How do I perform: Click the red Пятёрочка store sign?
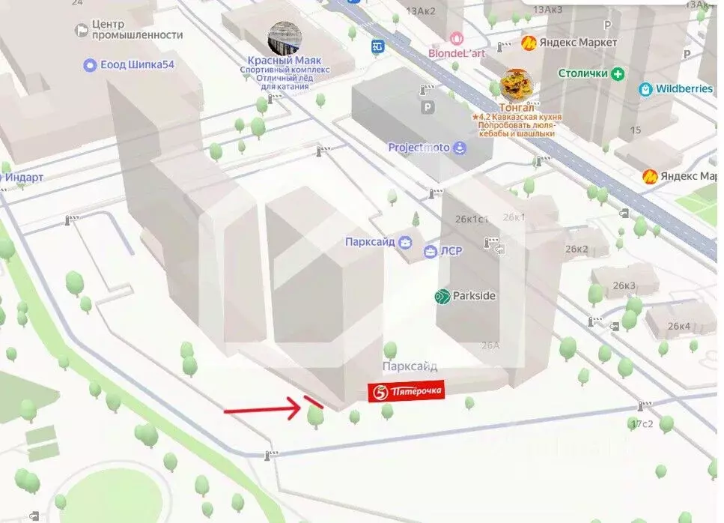[407, 391]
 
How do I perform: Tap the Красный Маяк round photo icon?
[285, 38]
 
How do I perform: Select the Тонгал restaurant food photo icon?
[514, 86]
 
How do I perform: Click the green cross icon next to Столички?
[618, 73]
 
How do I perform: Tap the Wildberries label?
[684, 88]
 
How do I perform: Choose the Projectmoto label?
[419, 148]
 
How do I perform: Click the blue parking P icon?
[428, 108]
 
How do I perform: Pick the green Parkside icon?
[442, 297]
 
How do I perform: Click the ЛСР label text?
[451, 250]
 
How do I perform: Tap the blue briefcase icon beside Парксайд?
[405, 242]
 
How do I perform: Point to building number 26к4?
[678, 326]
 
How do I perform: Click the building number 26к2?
[577, 249]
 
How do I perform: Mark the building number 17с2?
[642, 423]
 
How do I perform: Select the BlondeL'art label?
[457, 53]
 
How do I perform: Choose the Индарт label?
[25, 178]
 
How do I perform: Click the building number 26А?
[490, 345]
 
